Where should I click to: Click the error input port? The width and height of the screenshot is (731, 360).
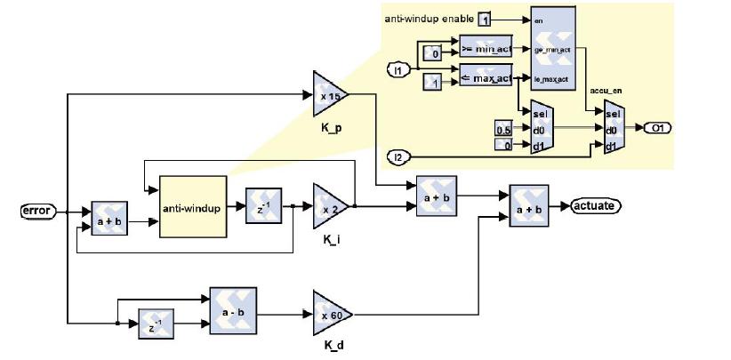(x=37, y=211)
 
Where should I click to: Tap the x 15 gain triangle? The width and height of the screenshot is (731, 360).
(x=330, y=93)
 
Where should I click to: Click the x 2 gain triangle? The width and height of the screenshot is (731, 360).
(x=330, y=206)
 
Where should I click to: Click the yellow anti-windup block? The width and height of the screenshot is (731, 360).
(x=193, y=206)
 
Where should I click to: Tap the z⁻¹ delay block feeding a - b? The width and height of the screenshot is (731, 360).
(x=157, y=325)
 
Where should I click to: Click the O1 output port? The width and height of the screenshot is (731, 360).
(x=658, y=128)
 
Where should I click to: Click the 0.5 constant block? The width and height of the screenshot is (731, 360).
(x=503, y=131)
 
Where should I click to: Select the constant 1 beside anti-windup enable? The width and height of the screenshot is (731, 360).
(x=484, y=19)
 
